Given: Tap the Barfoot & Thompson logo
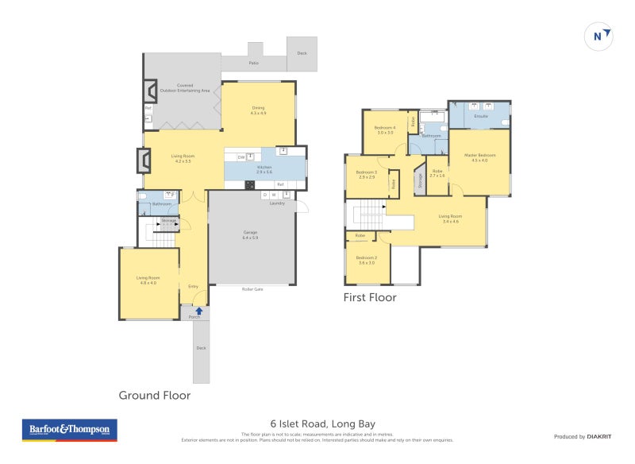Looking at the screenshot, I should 69,430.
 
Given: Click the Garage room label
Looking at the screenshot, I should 250,235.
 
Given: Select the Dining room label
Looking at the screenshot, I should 258,110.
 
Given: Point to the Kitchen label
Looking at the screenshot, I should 264,169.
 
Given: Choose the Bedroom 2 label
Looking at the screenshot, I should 366,260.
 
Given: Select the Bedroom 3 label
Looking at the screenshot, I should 366,175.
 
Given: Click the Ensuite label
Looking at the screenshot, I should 481,117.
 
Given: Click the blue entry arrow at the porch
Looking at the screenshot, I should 198,311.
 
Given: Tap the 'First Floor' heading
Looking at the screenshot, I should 369,298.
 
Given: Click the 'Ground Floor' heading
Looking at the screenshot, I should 154,395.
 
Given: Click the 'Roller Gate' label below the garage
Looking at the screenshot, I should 252,289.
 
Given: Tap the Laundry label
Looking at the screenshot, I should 277,203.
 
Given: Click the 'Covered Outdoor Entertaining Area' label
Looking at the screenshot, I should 184,88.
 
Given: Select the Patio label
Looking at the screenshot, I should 253,62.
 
